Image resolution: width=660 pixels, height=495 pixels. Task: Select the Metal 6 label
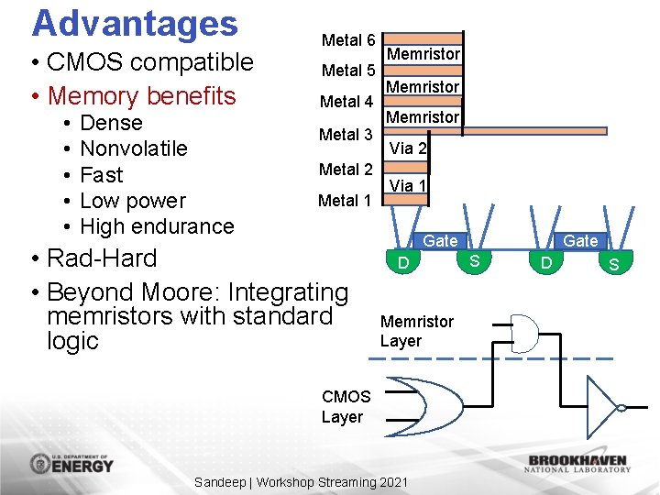347,40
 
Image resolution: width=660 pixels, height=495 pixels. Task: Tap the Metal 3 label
346,135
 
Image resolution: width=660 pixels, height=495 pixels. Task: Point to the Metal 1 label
345,201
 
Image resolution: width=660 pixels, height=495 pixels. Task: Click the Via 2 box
408,148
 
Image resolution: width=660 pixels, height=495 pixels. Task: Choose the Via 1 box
408,185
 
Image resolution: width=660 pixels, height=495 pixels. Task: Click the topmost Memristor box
423,54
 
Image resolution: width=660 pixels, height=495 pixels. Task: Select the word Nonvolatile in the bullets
134,148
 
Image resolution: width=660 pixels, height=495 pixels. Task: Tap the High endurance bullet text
157,226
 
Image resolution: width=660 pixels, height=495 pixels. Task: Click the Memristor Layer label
416,331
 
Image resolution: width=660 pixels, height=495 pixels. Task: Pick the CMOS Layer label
346,407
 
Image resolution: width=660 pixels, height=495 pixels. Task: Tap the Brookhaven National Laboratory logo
577,463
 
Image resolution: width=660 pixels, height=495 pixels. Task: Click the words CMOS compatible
150,62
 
